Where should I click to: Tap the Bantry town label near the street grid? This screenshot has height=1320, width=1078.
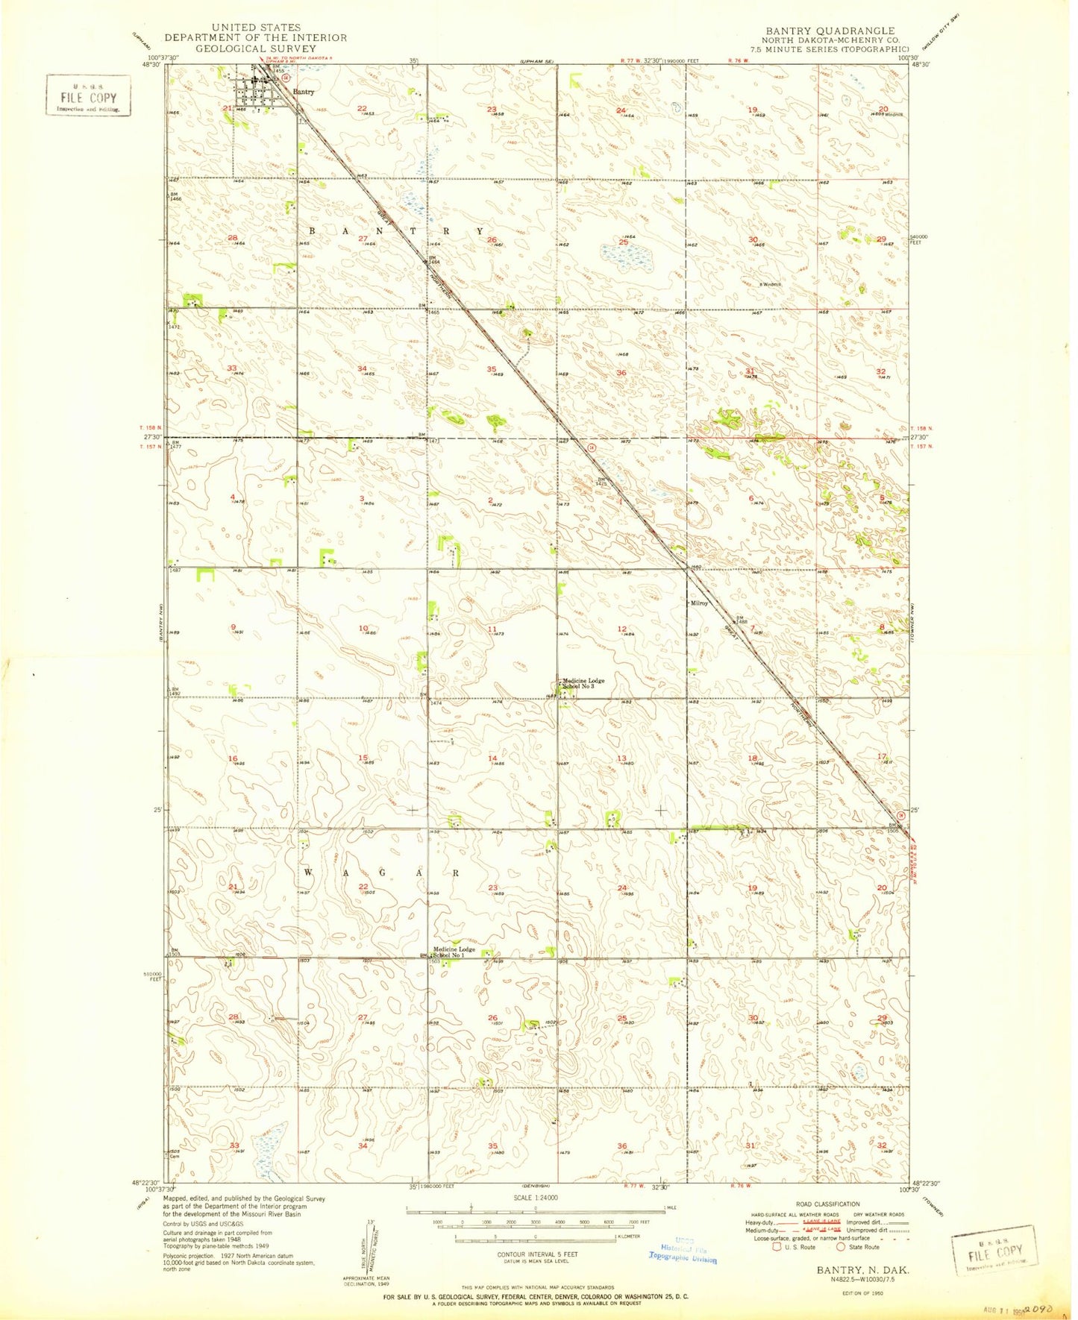point(304,92)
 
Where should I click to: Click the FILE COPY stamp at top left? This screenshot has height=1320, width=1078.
point(88,98)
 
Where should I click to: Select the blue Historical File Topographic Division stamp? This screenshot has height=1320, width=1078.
point(683,1249)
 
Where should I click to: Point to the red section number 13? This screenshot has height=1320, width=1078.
point(621,758)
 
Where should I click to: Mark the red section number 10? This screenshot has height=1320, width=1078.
point(363,629)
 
